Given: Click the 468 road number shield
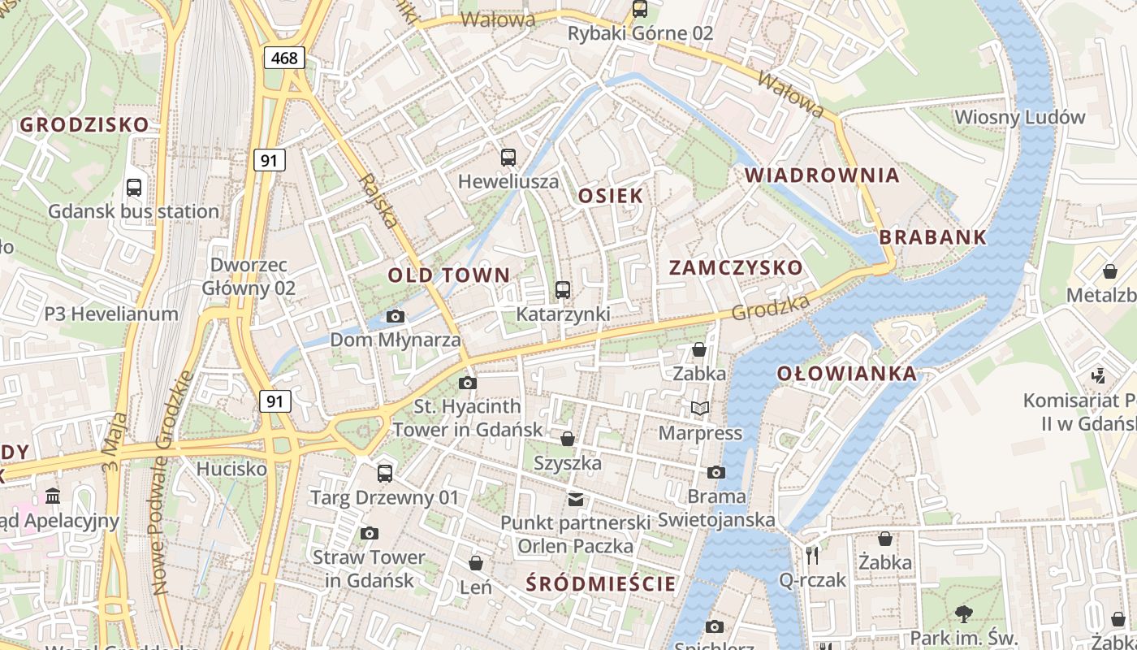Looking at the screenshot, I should (x=284, y=58).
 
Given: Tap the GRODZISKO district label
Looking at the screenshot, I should (x=84, y=125).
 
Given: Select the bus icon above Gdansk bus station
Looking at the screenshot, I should (x=134, y=188).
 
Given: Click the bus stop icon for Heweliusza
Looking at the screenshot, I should (x=508, y=158).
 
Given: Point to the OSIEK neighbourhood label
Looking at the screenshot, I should (x=611, y=196).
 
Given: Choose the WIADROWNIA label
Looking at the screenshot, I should (x=822, y=175).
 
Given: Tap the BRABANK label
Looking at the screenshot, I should (x=933, y=238).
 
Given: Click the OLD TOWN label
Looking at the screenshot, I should (x=448, y=275).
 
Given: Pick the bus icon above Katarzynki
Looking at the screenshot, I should (x=562, y=289).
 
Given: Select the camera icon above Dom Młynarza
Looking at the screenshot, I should (x=396, y=316).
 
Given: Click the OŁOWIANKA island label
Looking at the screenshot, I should (x=847, y=374).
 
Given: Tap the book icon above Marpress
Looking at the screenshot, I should (x=699, y=408).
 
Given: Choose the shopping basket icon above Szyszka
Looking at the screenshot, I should (x=568, y=439).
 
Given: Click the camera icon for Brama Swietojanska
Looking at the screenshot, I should (x=715, y=472).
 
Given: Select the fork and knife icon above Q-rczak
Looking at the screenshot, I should (x=812, y=555).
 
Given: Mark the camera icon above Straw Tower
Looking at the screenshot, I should (x=370, y=533).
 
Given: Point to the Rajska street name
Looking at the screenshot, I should (x=379, y=201).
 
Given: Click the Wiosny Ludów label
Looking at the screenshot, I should (x=1019, y=117).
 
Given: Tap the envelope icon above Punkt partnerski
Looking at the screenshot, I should (x=576, y=499).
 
